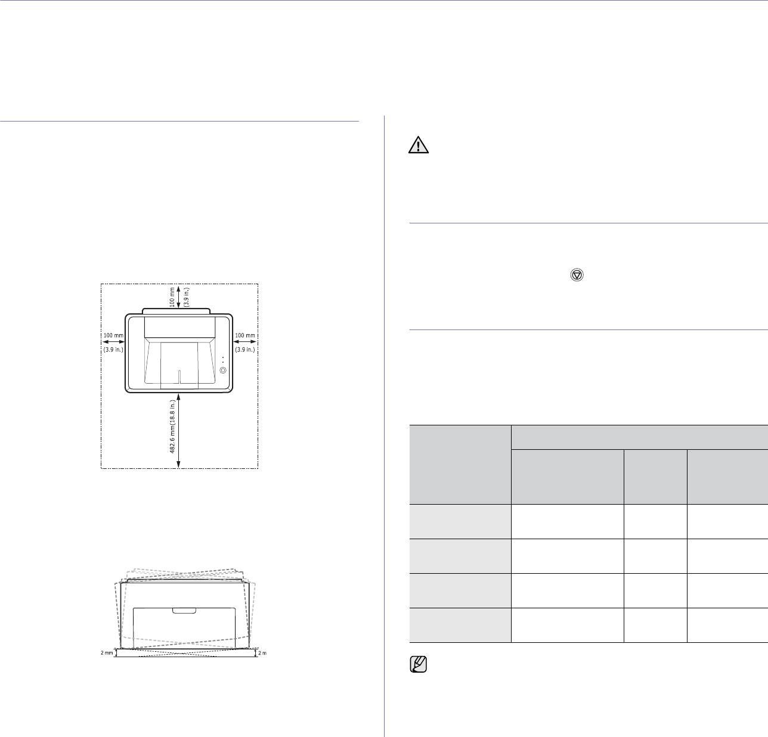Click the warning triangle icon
point(419,145)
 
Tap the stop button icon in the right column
point(577,275)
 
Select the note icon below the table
point(419,664)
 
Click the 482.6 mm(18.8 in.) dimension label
point(172,426)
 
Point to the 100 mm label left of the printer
point(113,335)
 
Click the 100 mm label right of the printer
point(245,335)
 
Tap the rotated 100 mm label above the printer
point(172,297)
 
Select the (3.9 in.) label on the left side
point(113,349)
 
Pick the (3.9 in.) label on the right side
point(245,349)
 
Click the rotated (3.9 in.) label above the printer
point(187,297)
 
